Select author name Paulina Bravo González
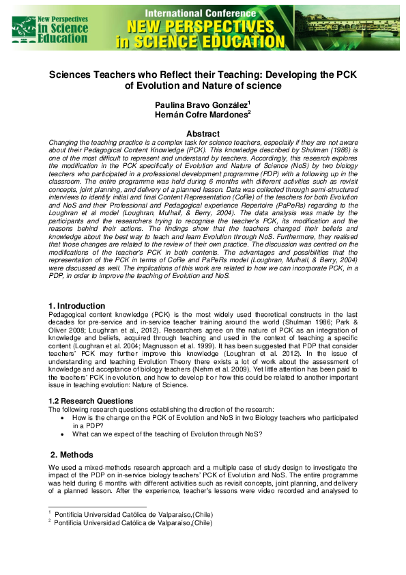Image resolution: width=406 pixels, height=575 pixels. pyautogui.click(x=200, y=104)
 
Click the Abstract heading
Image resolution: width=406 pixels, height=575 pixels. pyautogui.click(x=203, y=134)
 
